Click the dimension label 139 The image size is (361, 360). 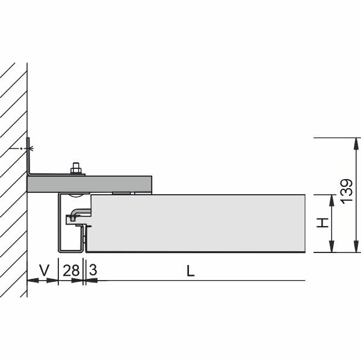click(x=347, y=191)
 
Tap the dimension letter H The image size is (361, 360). click(x=322, y=222)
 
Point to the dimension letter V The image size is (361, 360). click(x=44, y=270)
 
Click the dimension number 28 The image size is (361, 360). click(x=71, y=270)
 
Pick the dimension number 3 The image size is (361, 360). click(x=93, y=270)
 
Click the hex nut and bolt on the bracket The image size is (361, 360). click(x=76, y=168)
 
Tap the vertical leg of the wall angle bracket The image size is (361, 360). click(x=28, y=156)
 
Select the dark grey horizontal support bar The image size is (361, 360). click(x=89, y=184)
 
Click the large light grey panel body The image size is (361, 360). click(x=197, y=223)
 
